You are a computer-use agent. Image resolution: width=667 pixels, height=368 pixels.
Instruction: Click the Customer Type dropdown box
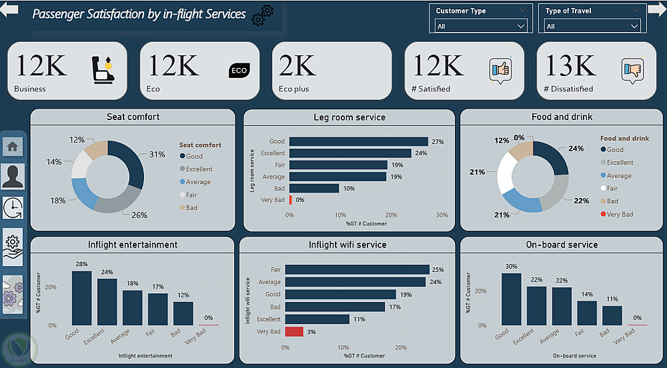pyautogui.click(x=480, y=26)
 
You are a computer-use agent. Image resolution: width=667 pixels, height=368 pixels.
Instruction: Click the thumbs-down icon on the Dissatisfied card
pyautogui.click(x=632, y=69)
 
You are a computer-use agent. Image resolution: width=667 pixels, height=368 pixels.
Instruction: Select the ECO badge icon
pyautogui.click(x=238, y=70)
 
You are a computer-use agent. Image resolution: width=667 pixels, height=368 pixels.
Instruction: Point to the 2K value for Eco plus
pyautogui.click(x=297, y=65)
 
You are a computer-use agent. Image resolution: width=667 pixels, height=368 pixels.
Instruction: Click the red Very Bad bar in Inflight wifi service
pyautogui.click(x=294, y=331)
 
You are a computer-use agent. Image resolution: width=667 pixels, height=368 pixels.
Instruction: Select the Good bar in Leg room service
pyautogui.click(x=358, y=141)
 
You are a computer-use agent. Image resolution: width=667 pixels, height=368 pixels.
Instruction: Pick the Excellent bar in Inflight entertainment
pyautogui.click(x=107, y=301)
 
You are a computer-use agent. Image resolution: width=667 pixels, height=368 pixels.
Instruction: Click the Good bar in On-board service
pyautogui.click(x=511, y=299)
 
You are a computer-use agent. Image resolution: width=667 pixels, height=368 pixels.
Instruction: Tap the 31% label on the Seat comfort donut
pyautogui.click(x=157, y=155)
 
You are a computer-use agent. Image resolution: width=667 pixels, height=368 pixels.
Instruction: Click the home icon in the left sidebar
pyautogui.click(x=13, y=146)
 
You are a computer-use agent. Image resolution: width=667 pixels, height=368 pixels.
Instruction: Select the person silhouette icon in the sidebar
pyautogui.click(x=13, y=177)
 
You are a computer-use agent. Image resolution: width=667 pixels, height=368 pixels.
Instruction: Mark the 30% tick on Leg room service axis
pyautogui.click(x=442, y=215)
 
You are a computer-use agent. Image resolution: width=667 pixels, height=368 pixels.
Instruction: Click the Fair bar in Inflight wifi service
pyautogui.click(x=357, y=269)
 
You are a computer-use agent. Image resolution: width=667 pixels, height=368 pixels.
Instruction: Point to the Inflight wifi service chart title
pyautogui.click(x=347, y=245)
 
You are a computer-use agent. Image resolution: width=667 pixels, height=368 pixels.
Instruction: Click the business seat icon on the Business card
pyautogui.click(x=103, y=69)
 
